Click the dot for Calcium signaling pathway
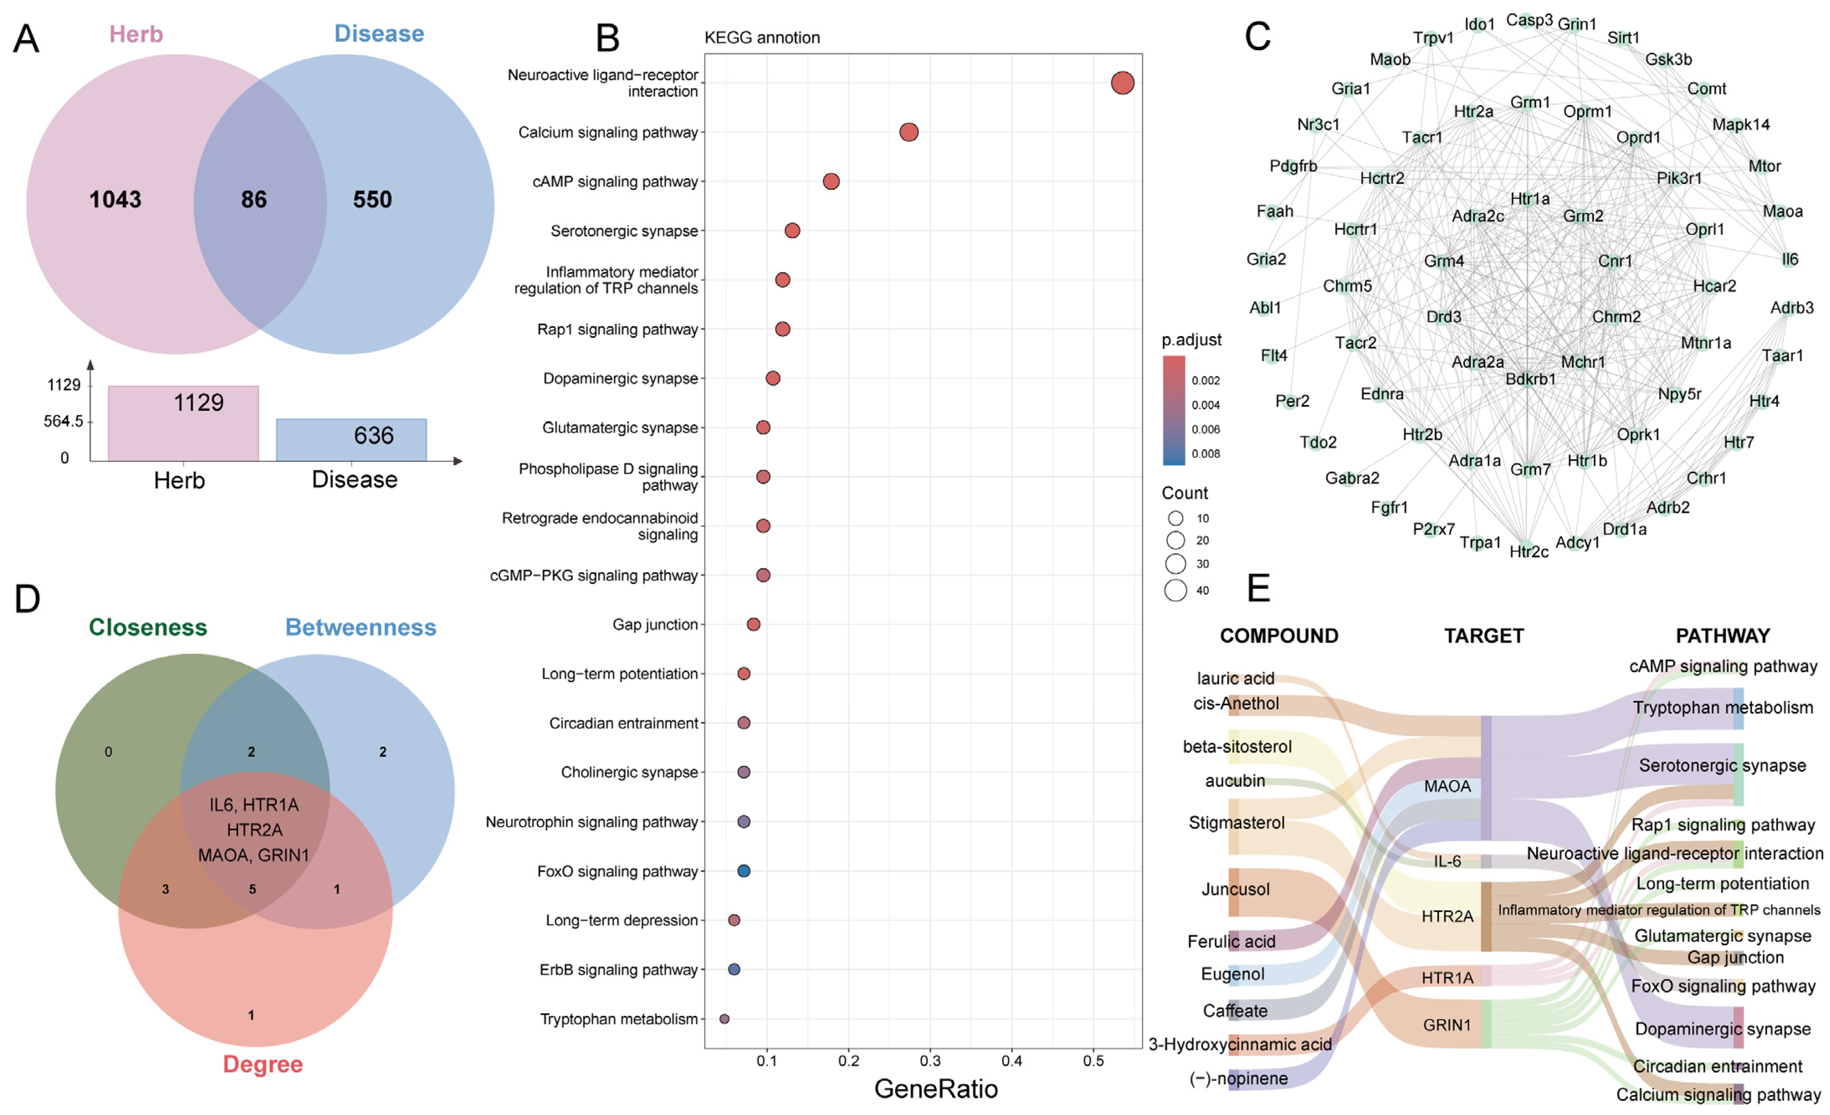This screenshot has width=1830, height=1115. pos(909,132)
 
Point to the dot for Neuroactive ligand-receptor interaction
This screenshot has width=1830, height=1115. pos(1122,83)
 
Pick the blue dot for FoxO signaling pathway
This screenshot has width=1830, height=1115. pos(743,870)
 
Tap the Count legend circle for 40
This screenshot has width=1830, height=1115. pos(1175,590)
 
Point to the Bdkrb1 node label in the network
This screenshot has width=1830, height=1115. pos(1530,379)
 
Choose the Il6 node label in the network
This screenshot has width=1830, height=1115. pos(1790,259)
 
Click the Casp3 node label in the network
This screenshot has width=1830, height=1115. pos(1529,20)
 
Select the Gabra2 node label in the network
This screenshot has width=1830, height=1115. pos(1352,477)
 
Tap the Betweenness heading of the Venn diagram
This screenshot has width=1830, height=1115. pos(360,627)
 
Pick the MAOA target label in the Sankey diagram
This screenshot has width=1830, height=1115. pos(1447,786)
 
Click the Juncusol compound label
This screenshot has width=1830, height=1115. pos(1235,889)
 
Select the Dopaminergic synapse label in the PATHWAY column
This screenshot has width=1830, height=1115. pos(1722,1029)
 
